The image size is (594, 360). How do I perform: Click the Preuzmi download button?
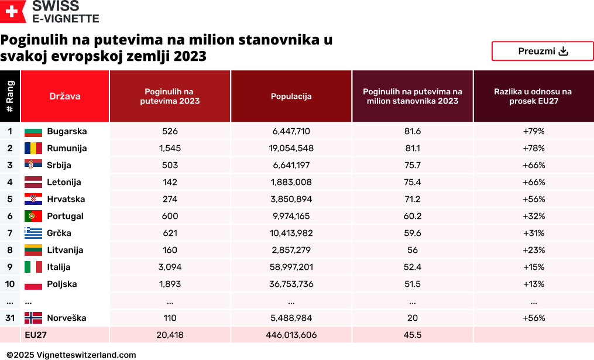(x=543, y=51)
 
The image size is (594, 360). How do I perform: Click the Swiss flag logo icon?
(x=13, y=11)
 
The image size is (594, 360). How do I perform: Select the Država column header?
(x=65, y=96)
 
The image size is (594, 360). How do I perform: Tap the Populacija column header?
(x=291, y=96)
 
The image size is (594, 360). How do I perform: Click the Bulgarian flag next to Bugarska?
(x=33, y=132)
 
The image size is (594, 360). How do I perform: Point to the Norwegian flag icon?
(x=33, y=318)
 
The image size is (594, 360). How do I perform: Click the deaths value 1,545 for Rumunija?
(x=170, y=148)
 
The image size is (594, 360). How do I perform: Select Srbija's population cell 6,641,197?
(x=291, y=165)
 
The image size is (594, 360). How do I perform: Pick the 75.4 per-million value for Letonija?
(x=412, y=182)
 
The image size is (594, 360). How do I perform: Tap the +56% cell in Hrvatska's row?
(x=533, y=199)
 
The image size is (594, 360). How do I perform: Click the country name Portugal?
(x=65, y=216)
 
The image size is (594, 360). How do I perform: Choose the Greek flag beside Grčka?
(x=33, y=233)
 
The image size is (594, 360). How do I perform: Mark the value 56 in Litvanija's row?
(x=412, y=250)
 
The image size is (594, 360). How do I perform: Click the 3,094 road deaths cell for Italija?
(x=170, y=267)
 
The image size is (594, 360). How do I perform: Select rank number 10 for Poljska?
(x=9, y=284)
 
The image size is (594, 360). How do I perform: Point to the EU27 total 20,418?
(x=170, y=335)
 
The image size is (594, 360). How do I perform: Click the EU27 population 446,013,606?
(x=291, y=335)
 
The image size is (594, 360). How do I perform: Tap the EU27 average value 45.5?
(x=412, y=335)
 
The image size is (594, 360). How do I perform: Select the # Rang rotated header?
(x=9, y=96)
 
